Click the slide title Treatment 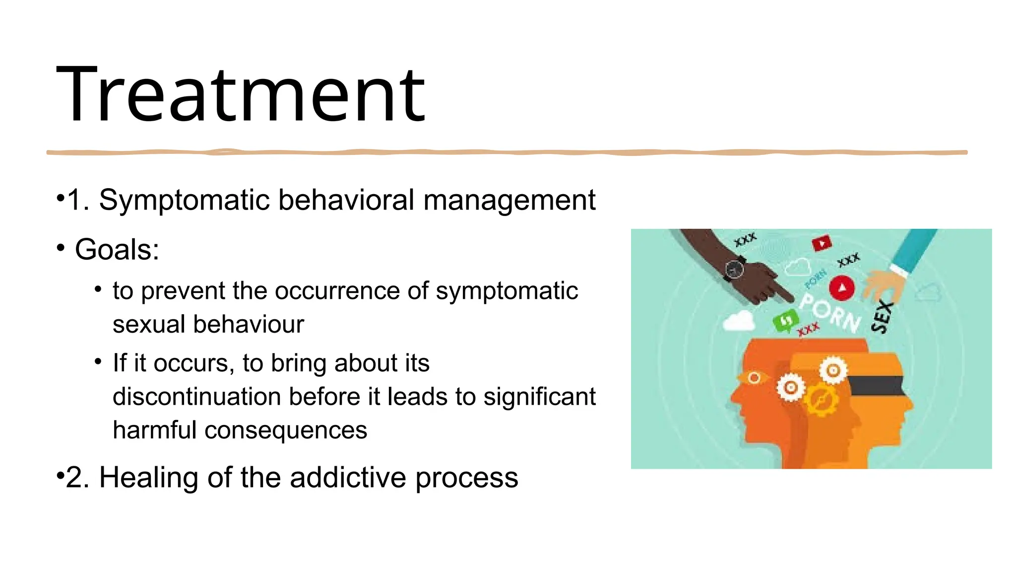pyautogui.click(x=241, y=94)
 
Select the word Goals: pyautogui.click(x=117, y=249)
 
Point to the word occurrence pyautogui.click(x=337, y=291)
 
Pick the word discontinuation pyautogui.click(x=197, y=397)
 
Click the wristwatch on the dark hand pyautogui.click(x=734, y=270)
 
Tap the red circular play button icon pyautogui.click(x=842, y=289)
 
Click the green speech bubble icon pyautogui.click(x=785, y=321)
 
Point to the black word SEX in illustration pyautogui.click(x=883, y=317)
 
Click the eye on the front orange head pyautogui.click(x=754, y=378)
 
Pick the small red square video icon pyautogui.click(x=822, y=244)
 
